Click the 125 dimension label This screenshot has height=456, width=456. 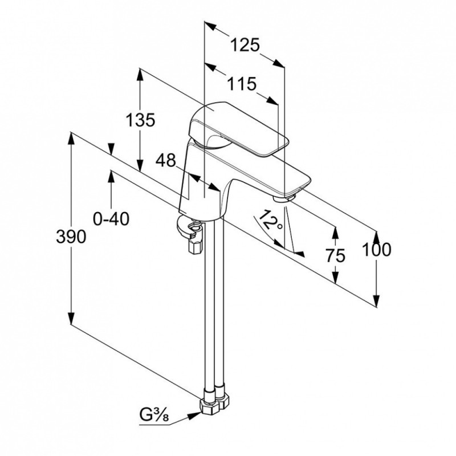click(x=245, y=46)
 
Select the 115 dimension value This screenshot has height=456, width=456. click(x=242, y=84)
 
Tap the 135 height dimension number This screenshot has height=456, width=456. click(x=140, y=120)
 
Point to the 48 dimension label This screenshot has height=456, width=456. click(x=166, y=160)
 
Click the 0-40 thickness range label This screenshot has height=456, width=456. click(x=111, y=219)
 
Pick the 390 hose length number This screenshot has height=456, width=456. click(x=71, y=237)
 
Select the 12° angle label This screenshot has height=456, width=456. click(x=270, y=220)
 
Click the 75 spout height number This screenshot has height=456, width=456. click(x=335, y=256)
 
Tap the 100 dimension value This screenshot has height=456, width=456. click(x=377, y=250)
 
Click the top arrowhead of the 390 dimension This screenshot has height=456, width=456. click(x=71, y=139)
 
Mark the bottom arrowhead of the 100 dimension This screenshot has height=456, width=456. click(x=377, y=301)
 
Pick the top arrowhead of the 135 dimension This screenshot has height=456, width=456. click(x=140, y=75)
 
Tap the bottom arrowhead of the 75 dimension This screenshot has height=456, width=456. click(x=335, y=276)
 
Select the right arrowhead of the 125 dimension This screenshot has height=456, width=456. click(x=278, y=63)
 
